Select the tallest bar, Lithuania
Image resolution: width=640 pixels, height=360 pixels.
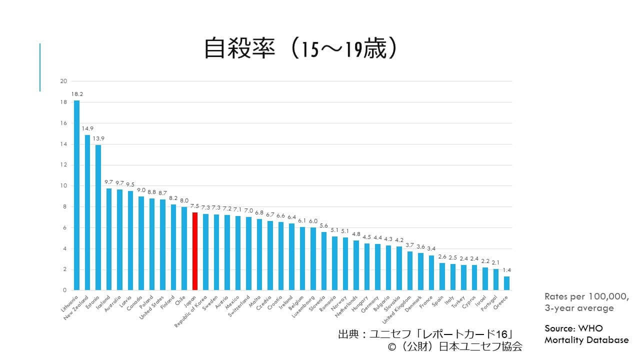click(x=76, y=195)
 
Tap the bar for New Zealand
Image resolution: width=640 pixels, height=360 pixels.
click(x=87, y=212)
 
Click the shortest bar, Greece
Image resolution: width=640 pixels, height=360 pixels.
click(x=506, y=283)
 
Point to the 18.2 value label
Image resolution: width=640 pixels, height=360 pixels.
click(x=76, y=93)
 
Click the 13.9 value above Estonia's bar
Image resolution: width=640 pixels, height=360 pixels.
click(x=98, y=138)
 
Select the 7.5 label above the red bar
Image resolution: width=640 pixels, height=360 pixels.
click(x=195, y=205)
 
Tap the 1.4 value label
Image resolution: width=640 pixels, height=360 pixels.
click(x=506, y=270)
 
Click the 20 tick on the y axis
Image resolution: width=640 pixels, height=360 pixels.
click(x=63, y=81)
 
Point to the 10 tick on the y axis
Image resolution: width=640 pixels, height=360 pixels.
click(x=63, y=185)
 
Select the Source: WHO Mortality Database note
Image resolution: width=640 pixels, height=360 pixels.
click(x=586, y=334)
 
